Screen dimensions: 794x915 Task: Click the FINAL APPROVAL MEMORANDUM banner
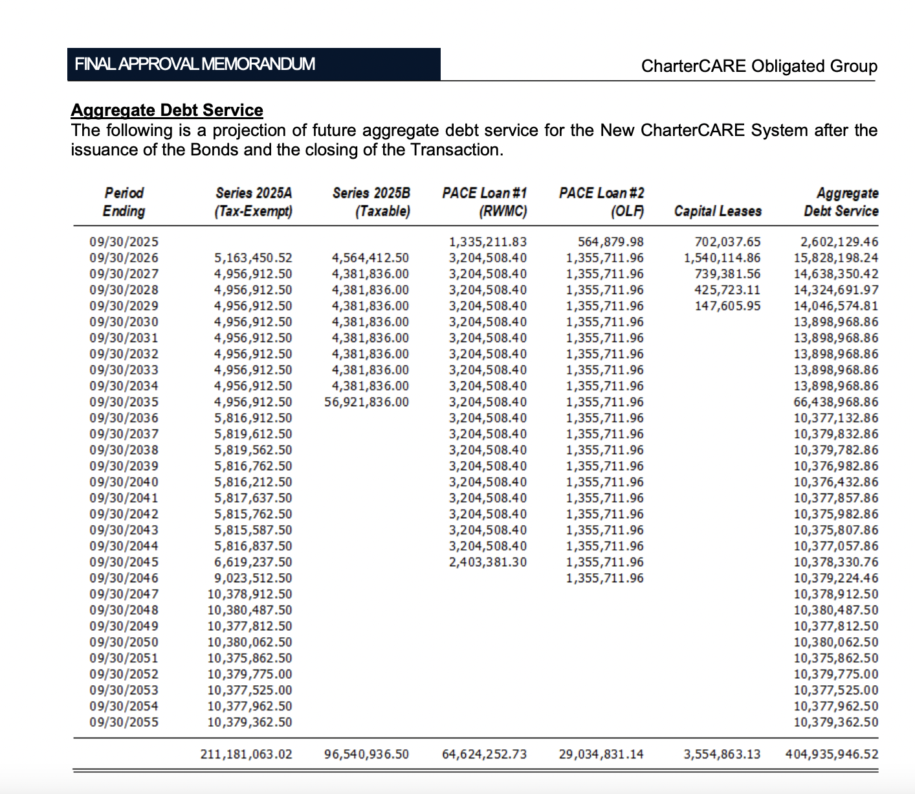click(x=254, y=64)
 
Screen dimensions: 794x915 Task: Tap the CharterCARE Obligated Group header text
click(x=759, y=66)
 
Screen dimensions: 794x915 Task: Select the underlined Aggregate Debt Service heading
click(x=167, y=110)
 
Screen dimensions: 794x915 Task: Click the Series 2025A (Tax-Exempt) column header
click(x=254, y=202)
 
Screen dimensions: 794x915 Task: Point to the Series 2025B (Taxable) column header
click(x=371, y=202)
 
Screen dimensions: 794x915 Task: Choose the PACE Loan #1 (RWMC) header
click(x=485, y=202)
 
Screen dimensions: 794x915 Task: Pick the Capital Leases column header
click(x=718, y=211)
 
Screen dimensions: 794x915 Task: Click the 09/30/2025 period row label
click(x=124, y=242)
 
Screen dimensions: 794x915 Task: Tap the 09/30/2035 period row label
click(x=124, y=402)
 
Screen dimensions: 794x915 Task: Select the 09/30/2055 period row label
click(x=124, y=722)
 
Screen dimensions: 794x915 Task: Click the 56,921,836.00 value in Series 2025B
click(x=367, y=402)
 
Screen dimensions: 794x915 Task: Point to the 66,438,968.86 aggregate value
click(x=836, y=402)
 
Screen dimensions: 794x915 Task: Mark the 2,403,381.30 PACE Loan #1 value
click(x=488, y=562)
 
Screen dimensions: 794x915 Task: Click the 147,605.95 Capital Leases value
click(x=728, y=306)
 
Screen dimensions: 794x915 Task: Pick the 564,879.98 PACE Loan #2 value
click(x=611, y=242)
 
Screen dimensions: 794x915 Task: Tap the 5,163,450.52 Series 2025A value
click(x=253, y=258)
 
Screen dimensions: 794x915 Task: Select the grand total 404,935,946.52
click(x=832, y=754)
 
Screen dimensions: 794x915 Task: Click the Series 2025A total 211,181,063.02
click(x=247, y=754)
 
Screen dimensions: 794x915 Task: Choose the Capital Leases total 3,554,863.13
click(x=722, y=754)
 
